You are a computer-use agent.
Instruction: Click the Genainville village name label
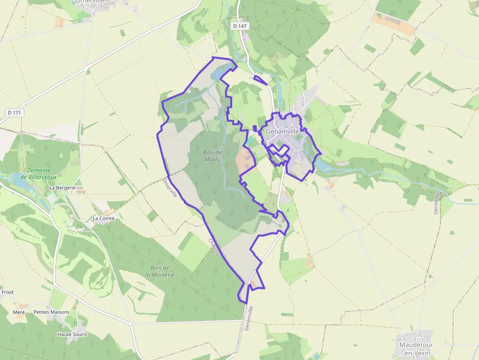point(282,131)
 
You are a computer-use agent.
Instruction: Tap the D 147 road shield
point(239,26)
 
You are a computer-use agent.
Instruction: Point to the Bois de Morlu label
point(212,156)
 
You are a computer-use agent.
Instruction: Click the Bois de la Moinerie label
point(160,271)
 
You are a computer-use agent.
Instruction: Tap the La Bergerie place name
point(62,188)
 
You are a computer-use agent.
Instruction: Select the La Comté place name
point(103,218)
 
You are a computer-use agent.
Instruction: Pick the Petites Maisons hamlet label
point(51,312)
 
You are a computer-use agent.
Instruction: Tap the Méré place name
point(19,312)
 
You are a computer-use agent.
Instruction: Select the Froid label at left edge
point(7,292)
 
